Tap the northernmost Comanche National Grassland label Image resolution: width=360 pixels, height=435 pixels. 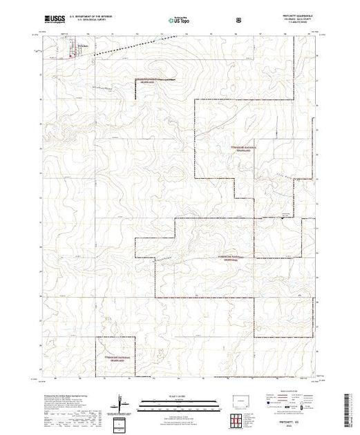point(151,81)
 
